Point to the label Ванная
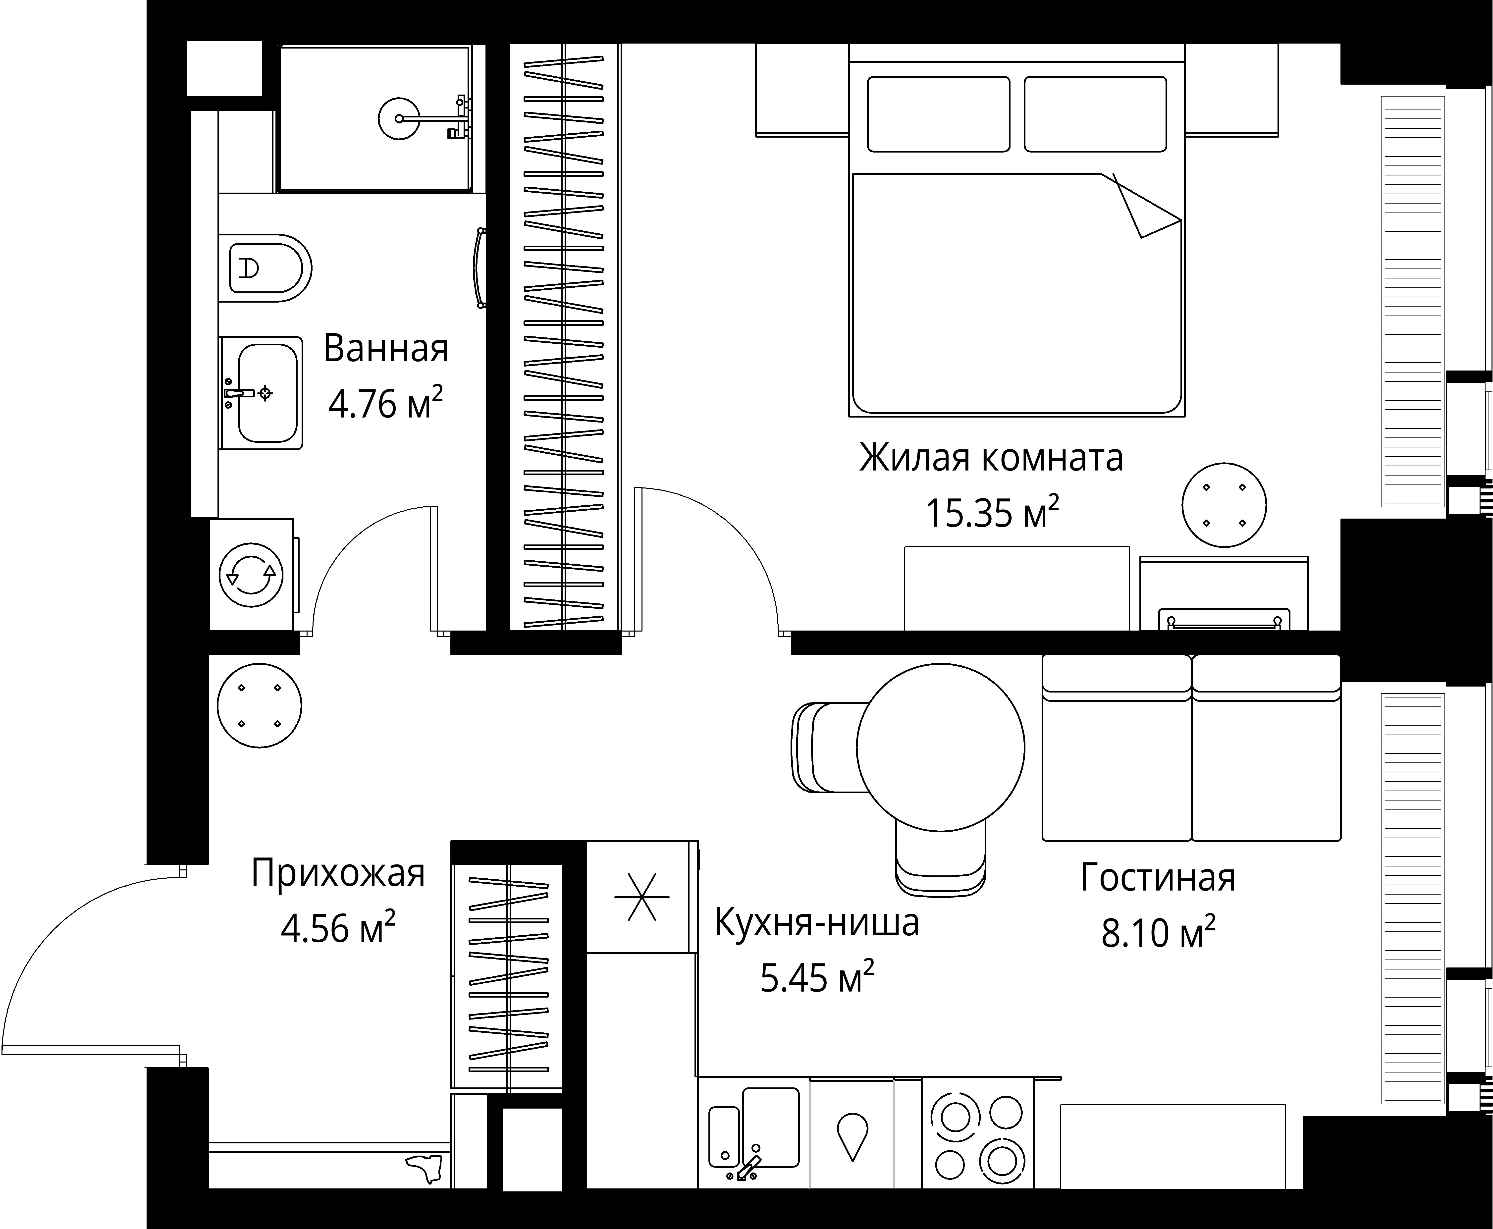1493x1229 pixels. coord(386,349)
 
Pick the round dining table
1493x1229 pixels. coord(940,747)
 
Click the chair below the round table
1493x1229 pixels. coord(940,860)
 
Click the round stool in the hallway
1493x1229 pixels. coord(259,706)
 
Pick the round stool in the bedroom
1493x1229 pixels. coord(1224,505)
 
